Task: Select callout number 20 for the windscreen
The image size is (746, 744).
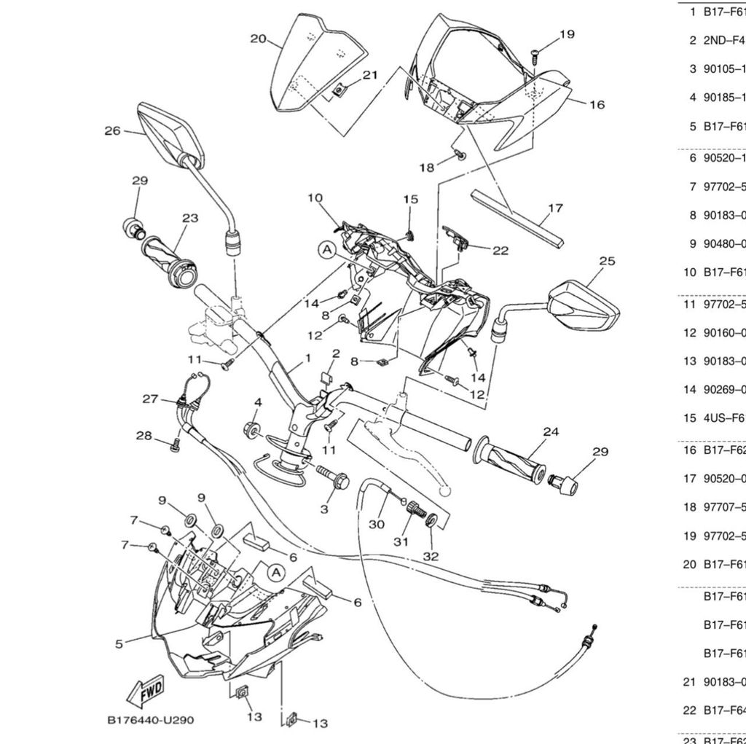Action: [x=258, y=39]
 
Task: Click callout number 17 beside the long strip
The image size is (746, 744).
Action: [x=555, y=208]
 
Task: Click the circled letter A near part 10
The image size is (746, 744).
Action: [x=327, y=250]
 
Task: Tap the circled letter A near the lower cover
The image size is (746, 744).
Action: [x=275, y=573]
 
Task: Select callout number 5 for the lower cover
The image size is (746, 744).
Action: [x=119, y=643]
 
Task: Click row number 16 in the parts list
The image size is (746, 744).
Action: [x=688, y=450]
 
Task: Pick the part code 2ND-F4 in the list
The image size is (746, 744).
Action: [x=723, y=40]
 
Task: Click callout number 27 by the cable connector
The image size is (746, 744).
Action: [x=150, y=399]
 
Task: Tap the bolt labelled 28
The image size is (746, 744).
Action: [x=174, y=446]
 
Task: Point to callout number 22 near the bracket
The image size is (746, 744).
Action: [x=500, y=250]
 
